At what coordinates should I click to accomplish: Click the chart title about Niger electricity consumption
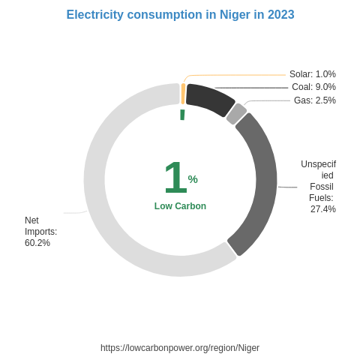(180, 15)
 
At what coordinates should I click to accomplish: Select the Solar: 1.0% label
(312, 74)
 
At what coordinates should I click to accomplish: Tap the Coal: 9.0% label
(313, 87)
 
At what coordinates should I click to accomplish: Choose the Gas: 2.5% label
(314, 100)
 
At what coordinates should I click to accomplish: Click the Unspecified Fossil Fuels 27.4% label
(319, 187)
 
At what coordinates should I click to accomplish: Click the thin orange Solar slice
(183, 94)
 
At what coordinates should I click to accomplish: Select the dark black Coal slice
(209, 99)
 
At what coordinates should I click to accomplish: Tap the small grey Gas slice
(236, 114)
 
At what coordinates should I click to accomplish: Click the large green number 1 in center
(174, 178)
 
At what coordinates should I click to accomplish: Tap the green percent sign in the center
(193, 179)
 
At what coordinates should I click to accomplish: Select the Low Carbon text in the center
(180, 206)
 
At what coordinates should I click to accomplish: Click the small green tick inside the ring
(182, 115)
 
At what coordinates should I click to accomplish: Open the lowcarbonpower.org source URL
(180, 348)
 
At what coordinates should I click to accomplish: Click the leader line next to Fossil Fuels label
(288, 187)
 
